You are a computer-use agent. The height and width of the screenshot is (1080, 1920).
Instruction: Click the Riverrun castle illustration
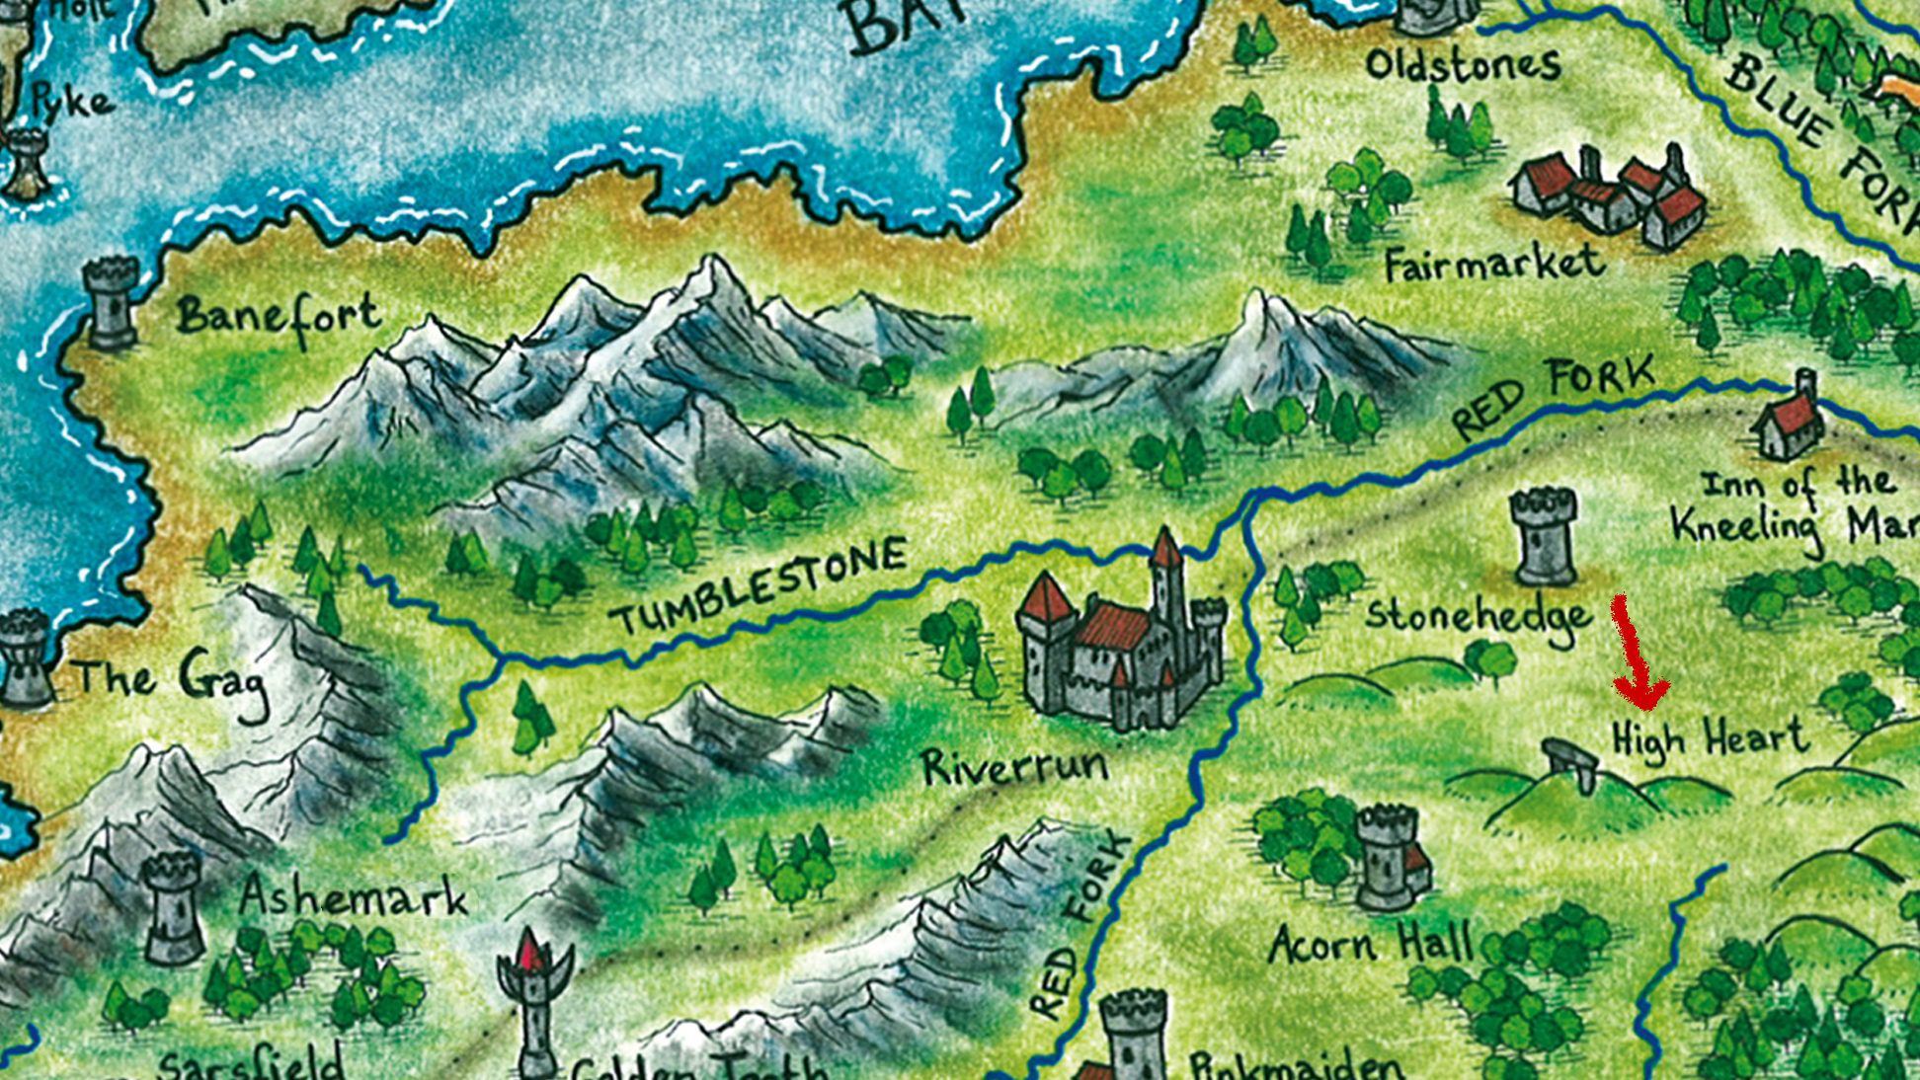pyautogui.click(x=1121, y=642)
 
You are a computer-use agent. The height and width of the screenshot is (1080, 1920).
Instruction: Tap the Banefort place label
pyautogui.click(x=279, y=318)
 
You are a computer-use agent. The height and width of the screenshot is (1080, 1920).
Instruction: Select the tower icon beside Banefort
pyautogui.click(x=110, y=303)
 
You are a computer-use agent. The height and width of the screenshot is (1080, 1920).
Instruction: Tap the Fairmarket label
pyautogui.click(x=1493, y=266)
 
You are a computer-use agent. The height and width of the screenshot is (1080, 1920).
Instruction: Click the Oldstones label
pyautogui.click(x=1462, y=66)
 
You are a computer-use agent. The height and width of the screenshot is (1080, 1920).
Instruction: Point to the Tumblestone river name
pyautogui.click(x=759, y=587)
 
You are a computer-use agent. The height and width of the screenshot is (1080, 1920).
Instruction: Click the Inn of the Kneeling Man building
pyautogui.click(x=1790, y=420)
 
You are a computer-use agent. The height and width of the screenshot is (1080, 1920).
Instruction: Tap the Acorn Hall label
pyautogui.click(x=1371, y=945)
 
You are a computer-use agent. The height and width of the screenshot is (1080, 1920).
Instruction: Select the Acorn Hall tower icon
pyautogui.click(x=1388, y=857)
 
